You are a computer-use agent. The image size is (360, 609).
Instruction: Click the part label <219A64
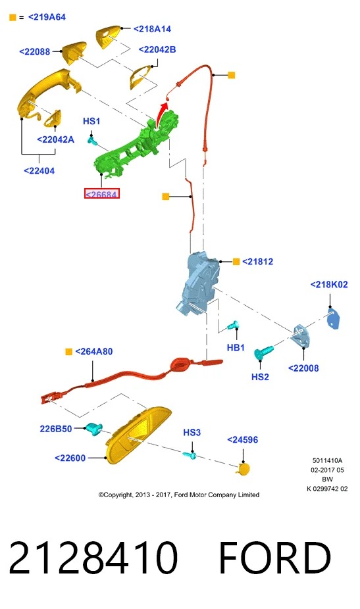[x=47, y=17]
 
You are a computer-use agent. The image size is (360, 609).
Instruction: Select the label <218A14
[x=152, y=29]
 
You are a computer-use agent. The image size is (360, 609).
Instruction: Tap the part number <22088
[x=35, y=52]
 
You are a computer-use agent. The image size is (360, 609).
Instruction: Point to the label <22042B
[x=157, y=50]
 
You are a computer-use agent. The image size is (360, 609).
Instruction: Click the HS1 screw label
[x=91, y=121]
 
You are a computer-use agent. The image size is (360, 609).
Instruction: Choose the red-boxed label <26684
[x=101, y=193]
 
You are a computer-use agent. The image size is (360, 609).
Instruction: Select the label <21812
[x=257, y=262]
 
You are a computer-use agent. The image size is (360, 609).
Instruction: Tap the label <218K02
[x=329, y=285]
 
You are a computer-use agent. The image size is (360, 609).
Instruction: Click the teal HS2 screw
[x=263, y=353]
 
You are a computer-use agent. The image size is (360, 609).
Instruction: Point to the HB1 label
[x=236, y=348]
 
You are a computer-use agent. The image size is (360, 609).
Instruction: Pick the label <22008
[x=303, y=368]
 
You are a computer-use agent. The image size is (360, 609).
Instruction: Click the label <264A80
[x=93, y=351]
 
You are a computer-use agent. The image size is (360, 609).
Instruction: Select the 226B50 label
[x=55, y=429]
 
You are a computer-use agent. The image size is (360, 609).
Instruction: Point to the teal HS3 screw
[x=190, y=455]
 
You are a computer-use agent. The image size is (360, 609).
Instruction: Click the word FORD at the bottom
[x=275, y=558]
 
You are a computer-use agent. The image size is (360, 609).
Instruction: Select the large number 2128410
[x=93, y=558]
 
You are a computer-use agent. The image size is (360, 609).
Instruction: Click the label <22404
[x=39, y=171]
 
